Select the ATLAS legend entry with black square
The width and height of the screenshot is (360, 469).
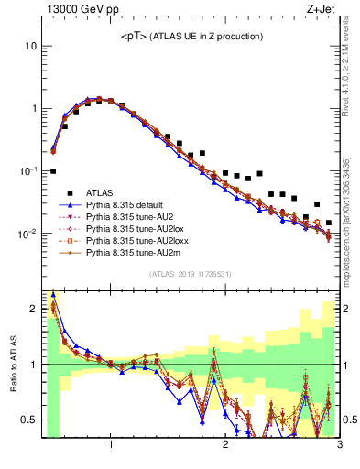[101, 193]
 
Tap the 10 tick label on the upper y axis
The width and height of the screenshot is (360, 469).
[30, 46]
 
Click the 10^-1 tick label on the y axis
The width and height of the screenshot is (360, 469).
[27, 170]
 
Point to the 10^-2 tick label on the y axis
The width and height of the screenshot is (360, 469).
[27, 234]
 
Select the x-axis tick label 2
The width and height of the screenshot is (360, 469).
[225, 446]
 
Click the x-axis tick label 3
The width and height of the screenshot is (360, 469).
[339, 446]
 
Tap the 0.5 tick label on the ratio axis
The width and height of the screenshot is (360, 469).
[28, 420]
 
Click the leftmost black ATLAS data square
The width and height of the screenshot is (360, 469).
[53, 171]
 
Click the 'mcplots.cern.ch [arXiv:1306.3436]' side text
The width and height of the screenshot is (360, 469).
[352, 211]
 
